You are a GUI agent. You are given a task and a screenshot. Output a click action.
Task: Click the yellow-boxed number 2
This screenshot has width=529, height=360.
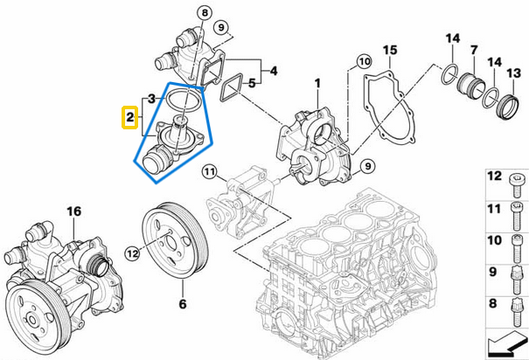tap(129, 116)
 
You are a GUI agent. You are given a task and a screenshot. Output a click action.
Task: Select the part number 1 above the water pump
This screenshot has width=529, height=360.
tap(317, 83)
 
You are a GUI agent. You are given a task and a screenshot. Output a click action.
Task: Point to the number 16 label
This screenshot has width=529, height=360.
tap(73, 211)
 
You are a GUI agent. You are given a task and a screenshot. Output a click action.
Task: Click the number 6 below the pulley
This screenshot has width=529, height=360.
tap(183, 305)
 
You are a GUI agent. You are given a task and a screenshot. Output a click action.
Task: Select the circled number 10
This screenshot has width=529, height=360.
tap(363, 61)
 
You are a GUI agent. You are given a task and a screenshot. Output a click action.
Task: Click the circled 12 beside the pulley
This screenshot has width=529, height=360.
tap(131, 253)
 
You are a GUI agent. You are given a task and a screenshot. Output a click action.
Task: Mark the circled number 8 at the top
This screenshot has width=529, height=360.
tap(205, 13)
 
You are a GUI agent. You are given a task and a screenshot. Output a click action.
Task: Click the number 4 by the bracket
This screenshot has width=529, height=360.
tap(274, 69)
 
